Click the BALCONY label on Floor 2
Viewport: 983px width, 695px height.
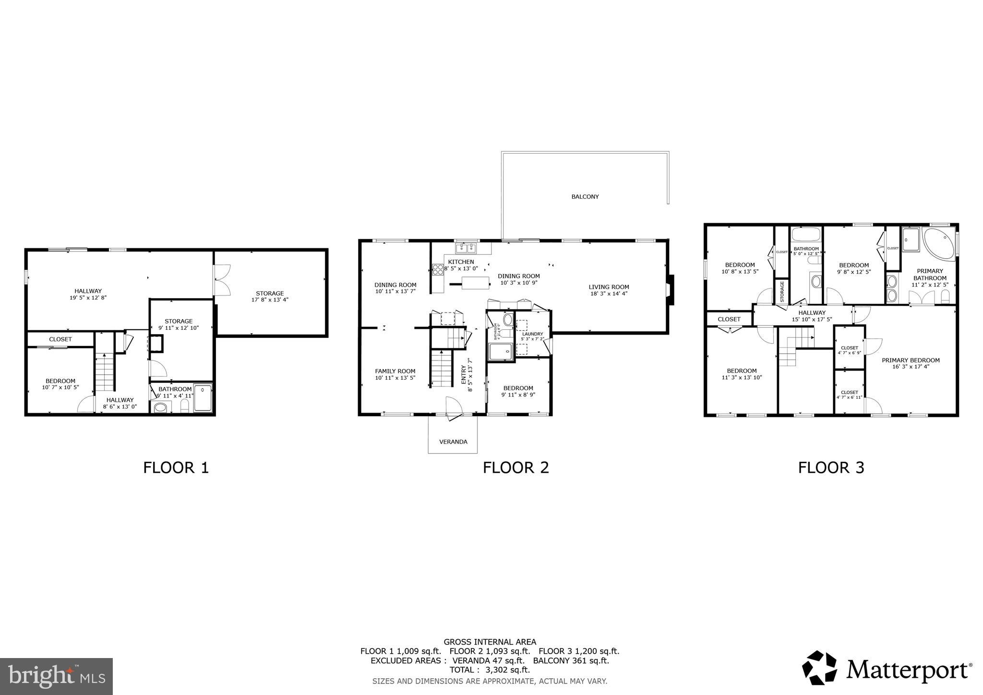pos(585,197)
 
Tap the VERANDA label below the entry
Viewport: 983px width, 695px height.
pos(453,442)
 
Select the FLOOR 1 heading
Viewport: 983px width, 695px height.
pos(176,467)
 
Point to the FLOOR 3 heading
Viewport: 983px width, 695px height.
pos(831,467)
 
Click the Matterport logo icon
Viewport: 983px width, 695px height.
pos(820,668)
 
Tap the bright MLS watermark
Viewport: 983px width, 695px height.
pos(56,676)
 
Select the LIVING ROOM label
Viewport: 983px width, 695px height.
pos(609,287)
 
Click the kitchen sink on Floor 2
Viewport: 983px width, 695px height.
pos(466,248)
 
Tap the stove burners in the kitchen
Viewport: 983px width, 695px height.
pos(437,270)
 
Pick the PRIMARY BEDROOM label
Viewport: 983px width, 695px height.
pos(911,360)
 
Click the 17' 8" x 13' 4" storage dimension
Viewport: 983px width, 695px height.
pos(270,300)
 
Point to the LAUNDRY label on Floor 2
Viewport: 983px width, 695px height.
pos(532,334)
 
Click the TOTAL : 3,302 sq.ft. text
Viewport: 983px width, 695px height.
pos(490,670)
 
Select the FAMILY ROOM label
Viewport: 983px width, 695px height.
pos(395,371)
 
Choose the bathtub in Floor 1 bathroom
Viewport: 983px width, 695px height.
pos(203,397)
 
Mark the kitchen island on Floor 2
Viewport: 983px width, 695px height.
pos(475,282)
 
